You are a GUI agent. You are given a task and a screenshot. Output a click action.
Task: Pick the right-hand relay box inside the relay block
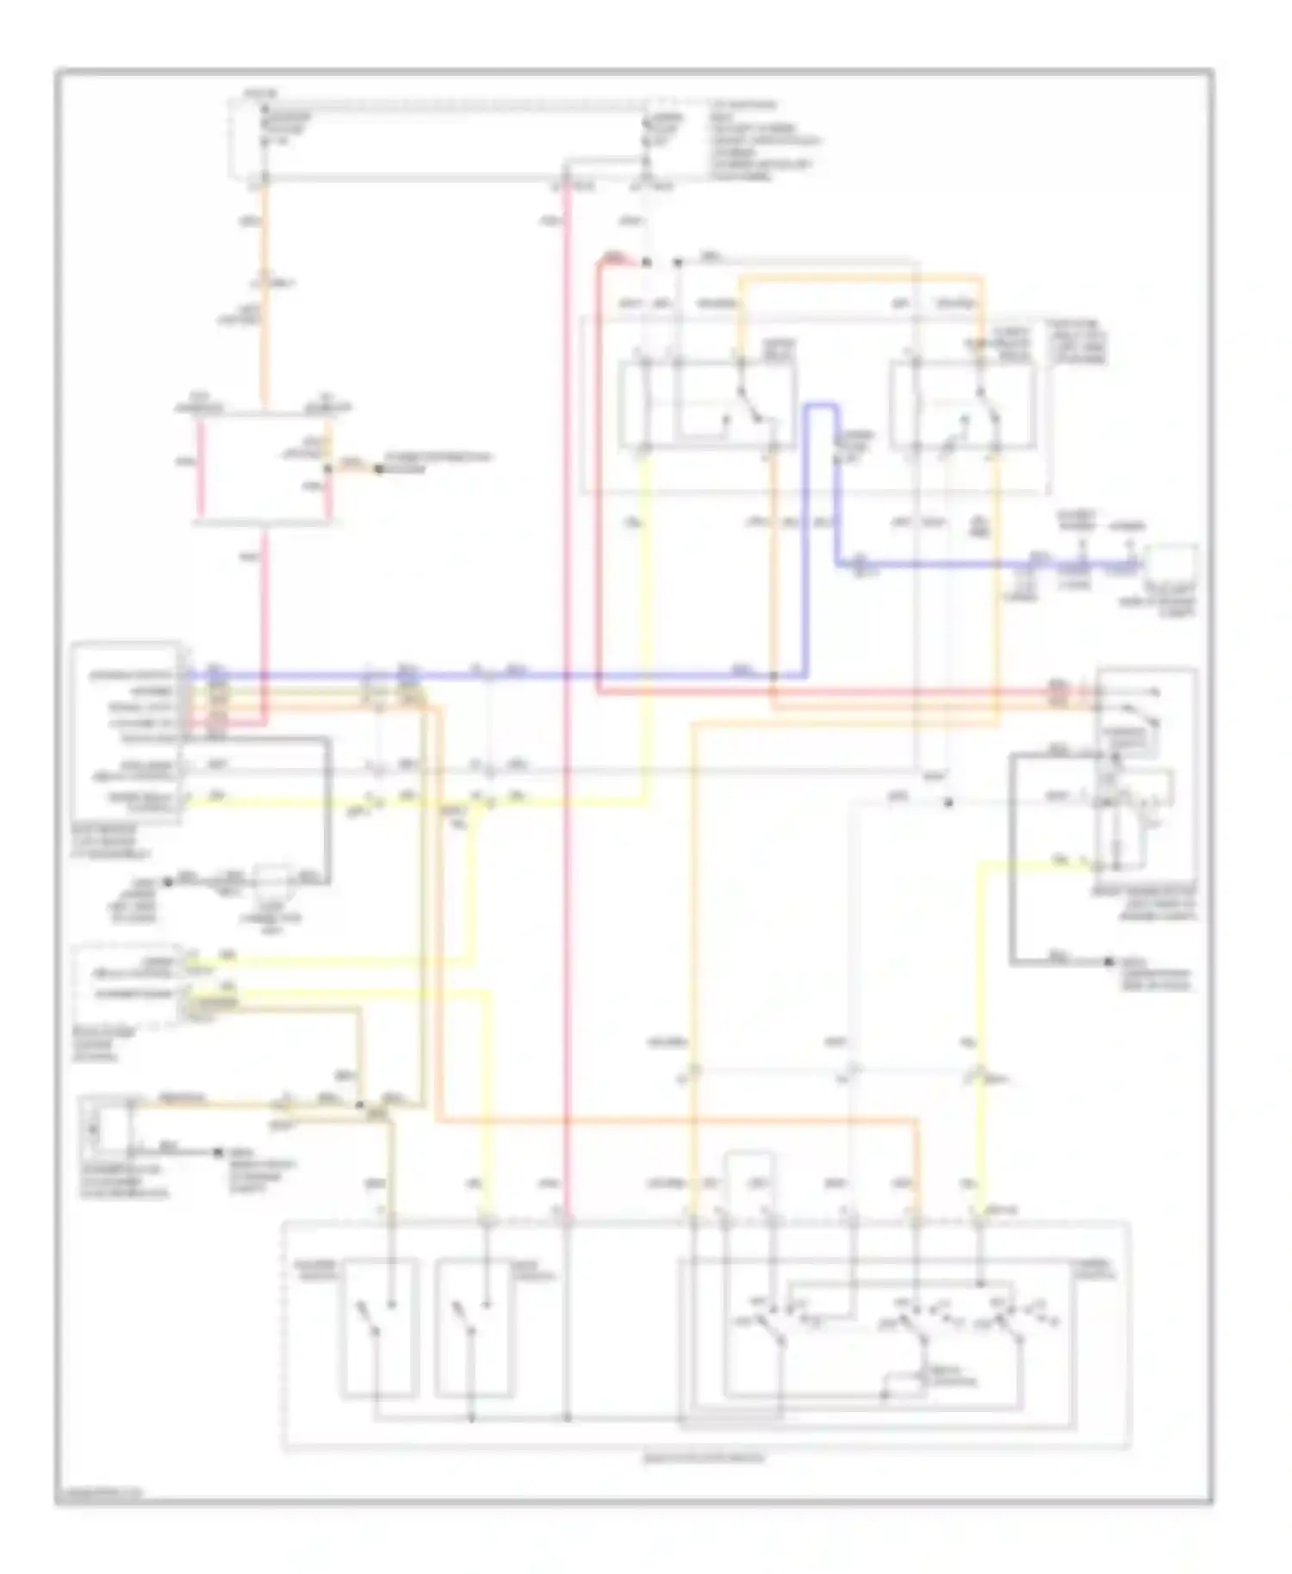963,405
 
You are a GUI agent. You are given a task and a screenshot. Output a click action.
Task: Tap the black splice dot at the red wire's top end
647,262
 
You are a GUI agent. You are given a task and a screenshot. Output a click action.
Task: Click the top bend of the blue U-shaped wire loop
821,406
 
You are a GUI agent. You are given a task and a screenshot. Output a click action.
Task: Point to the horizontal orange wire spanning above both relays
861,278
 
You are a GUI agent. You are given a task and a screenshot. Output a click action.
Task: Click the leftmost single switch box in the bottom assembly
380,1328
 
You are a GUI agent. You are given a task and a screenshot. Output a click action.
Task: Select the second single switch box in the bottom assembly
475,1328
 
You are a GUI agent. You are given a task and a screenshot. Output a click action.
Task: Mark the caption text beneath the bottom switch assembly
704,1459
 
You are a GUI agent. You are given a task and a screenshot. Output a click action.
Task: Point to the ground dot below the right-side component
1109,961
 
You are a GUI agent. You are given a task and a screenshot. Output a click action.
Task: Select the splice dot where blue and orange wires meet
773,677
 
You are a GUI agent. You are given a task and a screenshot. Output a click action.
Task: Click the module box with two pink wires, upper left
263,469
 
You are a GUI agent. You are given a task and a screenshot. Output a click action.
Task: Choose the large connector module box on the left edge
127,732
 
